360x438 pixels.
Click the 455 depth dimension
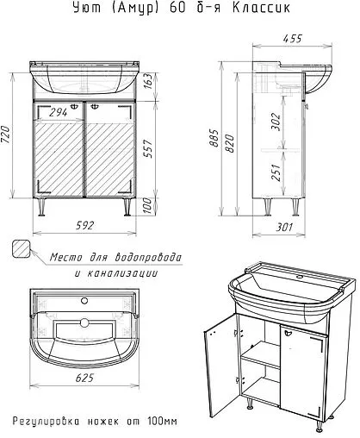(293, 39)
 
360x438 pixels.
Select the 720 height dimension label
(6, 135)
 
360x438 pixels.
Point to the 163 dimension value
(147, 81)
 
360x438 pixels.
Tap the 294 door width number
(58, 112)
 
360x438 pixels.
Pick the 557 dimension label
(147, 148)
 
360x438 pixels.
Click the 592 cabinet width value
(84, 226)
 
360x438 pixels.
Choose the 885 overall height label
(214, 138)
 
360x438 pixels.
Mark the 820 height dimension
(230, 143)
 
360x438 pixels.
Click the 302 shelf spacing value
(276, 122)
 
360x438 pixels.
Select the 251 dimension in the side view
(276, 172)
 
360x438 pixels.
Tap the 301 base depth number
(284, 228)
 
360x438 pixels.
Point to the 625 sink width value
(84, 378)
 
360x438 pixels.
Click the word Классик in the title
(261, 8)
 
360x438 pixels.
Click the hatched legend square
(22, 248)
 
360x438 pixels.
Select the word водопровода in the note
(148, 257)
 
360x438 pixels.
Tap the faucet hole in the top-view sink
(84, 301)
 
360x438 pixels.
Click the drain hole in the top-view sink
(84, 322)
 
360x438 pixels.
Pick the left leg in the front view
(42, 206)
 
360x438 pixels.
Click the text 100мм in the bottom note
(163, 422)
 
